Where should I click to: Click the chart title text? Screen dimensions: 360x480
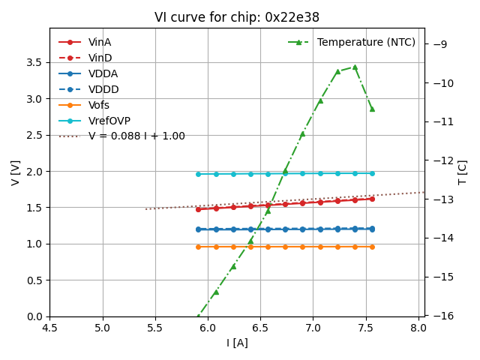(236, 17)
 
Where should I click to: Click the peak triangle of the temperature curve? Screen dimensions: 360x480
(355, 67)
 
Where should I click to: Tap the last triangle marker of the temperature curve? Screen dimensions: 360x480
(372, 109)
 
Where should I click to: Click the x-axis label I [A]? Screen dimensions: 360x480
(237, 343)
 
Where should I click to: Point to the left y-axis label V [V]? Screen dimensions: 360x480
(16, 172)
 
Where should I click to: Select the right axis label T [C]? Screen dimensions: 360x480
(463, 172)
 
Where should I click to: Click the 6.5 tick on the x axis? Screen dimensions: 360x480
(260, 328)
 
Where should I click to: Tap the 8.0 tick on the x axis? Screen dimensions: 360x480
(418, 328)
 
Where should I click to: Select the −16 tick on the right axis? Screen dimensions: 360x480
(443, 316)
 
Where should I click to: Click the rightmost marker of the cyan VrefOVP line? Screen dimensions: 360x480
(372, 173)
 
